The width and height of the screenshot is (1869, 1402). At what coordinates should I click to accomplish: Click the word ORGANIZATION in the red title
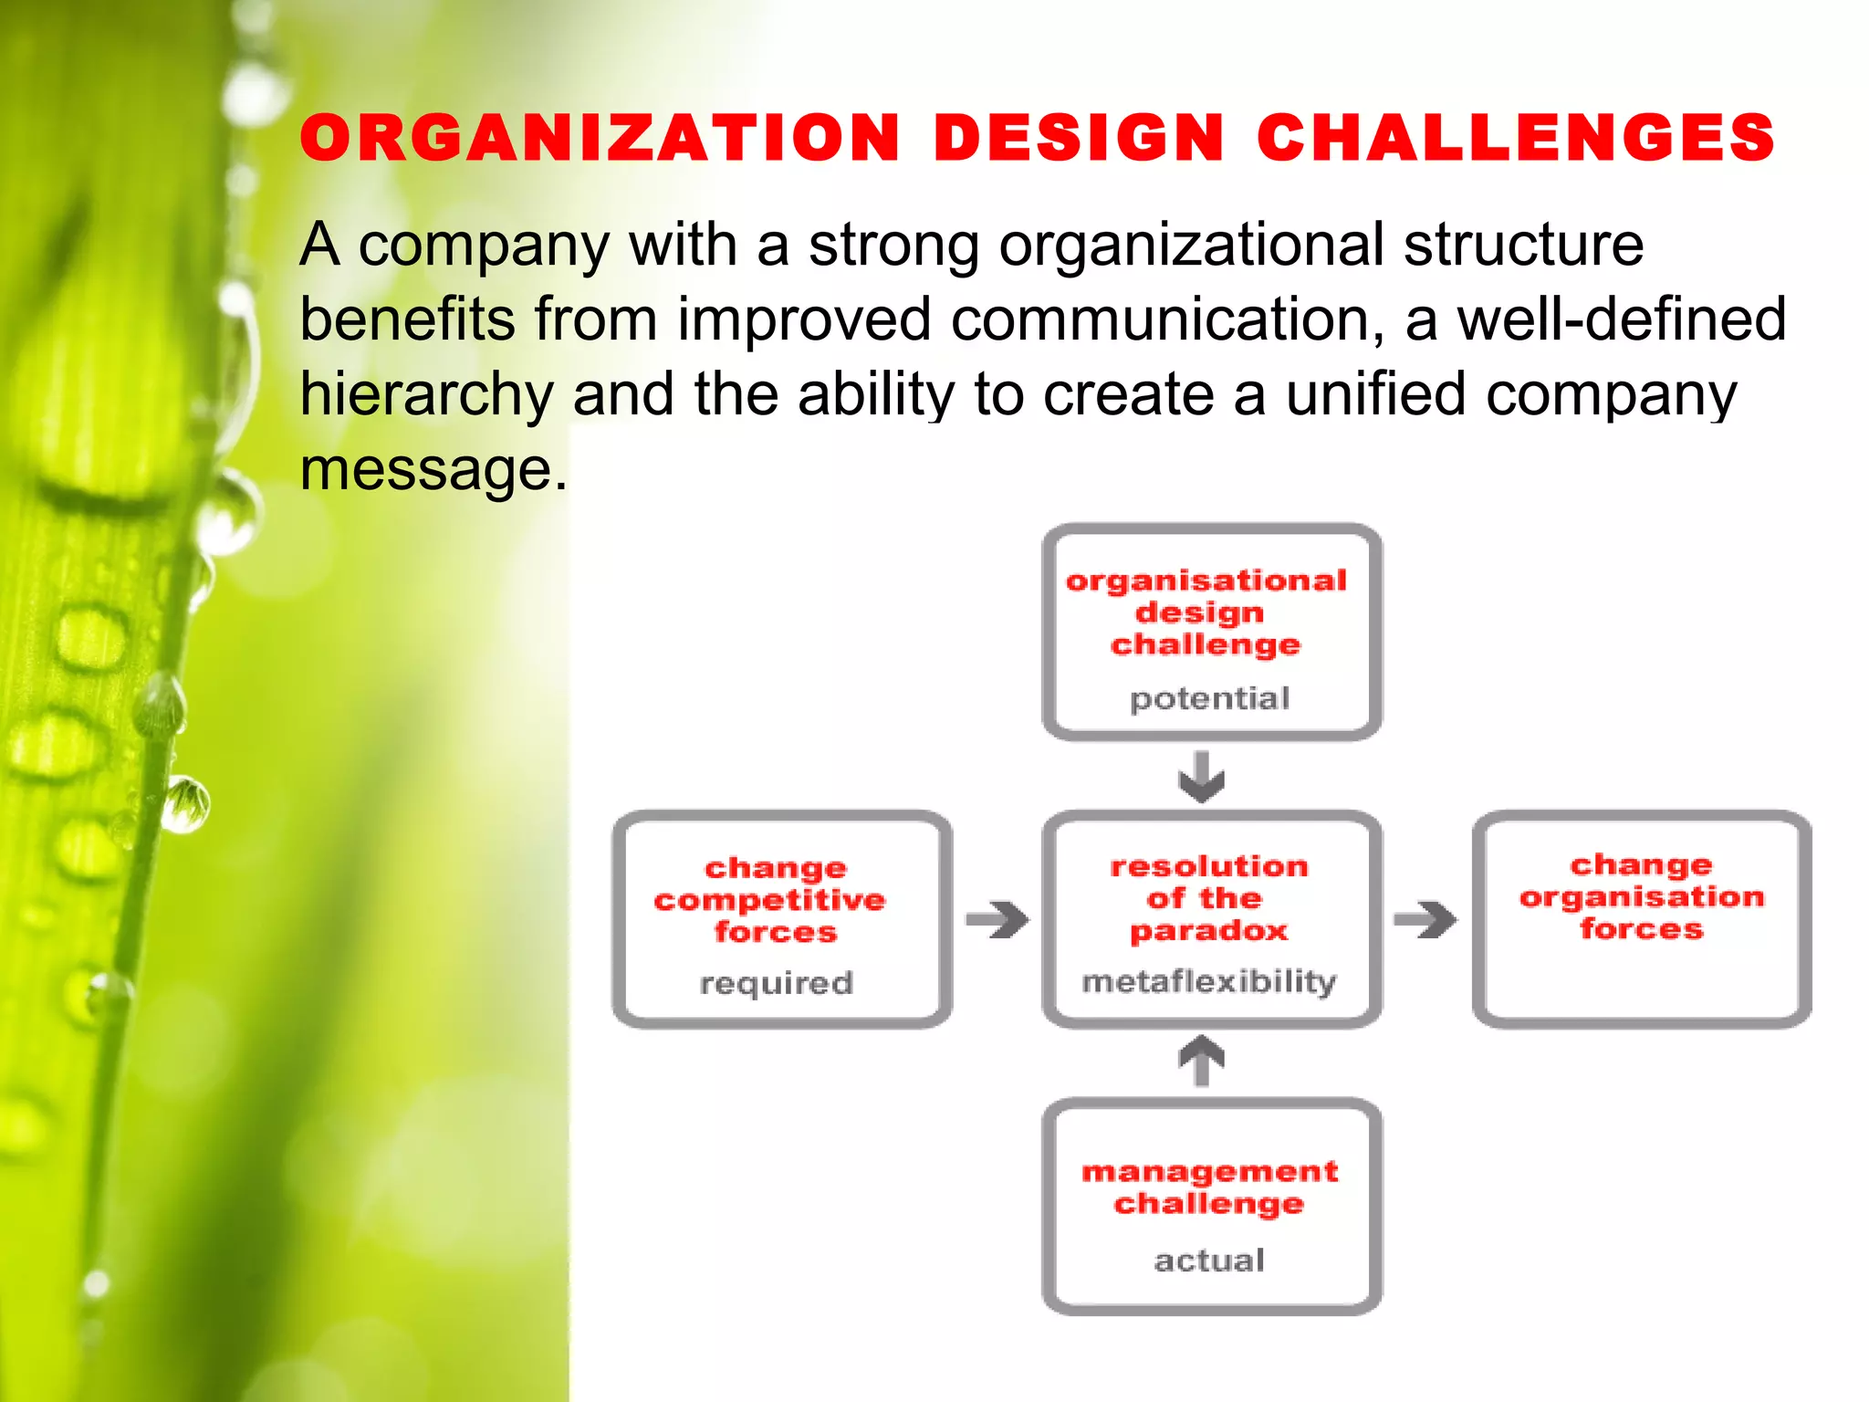click(600, 139)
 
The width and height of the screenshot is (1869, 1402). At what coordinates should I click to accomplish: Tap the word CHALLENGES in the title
click(1515, 139)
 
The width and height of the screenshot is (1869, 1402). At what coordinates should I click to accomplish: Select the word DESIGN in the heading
click(1079, 139)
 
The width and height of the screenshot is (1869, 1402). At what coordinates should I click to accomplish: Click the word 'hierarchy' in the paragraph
click(426, 394)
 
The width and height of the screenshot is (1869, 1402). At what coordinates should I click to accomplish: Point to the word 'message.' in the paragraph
click(433, 469)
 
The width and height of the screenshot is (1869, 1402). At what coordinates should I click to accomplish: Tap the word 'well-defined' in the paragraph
click(1621, 319)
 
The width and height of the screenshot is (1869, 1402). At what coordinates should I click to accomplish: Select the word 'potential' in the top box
click(1209, 699)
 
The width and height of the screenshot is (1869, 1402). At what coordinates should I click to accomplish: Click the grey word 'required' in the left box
click(776, 983)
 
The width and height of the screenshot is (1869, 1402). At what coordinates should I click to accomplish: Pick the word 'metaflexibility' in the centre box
click(1209, 981)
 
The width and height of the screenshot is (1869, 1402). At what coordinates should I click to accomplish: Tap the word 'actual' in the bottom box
click(1209, 1261)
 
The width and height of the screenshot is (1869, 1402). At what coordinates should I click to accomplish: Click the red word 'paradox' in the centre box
click(1209, 931)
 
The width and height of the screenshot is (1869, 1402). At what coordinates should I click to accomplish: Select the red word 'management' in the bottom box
click(1209, 1171)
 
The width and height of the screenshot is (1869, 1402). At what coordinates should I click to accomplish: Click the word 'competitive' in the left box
click(769, 900)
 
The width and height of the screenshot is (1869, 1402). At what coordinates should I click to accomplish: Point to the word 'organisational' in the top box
click(1206, 581)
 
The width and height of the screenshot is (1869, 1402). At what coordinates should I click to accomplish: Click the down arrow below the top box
click(1202, 777)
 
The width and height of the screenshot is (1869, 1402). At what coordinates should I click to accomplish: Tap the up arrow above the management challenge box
click(1202, 1060)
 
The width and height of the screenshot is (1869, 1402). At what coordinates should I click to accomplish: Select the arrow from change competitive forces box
click(997, 919)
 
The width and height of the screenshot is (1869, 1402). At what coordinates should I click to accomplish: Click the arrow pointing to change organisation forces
click(1425, 919)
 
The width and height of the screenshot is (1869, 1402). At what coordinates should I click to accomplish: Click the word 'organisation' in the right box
click(1642, 897)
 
